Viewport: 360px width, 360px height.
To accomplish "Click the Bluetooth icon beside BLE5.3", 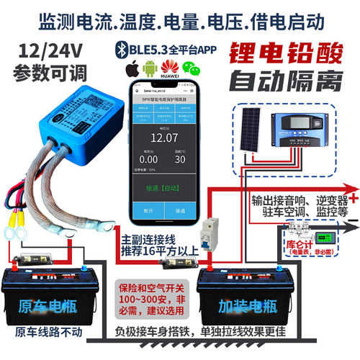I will coord(120,50).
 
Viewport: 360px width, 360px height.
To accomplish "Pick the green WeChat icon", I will coord(189,70).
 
